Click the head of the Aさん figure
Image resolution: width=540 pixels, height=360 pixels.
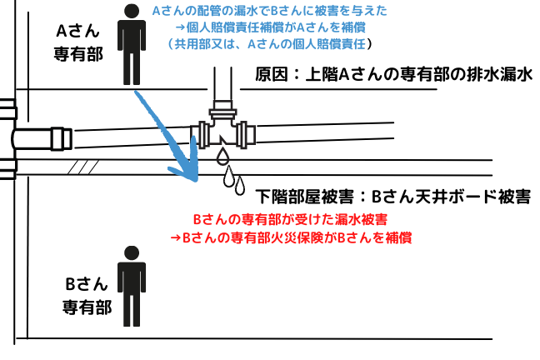(132, 11)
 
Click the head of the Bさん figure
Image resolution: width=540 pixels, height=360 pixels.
(132, 252)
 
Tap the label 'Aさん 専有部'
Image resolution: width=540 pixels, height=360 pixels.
(78, 42)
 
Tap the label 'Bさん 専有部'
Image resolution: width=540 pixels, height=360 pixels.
(87, 296)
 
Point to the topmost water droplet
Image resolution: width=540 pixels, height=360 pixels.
(222, 156)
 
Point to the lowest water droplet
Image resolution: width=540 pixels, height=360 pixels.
(240, 186)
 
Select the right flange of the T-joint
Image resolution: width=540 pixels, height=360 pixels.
(247, 135)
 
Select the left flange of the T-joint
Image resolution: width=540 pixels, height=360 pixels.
(200, 135)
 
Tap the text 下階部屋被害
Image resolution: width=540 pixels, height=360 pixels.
(304, 197)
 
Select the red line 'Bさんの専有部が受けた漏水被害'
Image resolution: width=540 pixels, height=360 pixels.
(290, 219)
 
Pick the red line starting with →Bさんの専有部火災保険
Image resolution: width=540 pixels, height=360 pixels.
(291, 237)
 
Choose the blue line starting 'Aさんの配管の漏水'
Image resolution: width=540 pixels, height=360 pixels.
(270, 11)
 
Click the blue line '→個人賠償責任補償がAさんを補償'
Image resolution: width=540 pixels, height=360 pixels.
(270, 27)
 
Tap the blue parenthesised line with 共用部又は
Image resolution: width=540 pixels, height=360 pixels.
(270, 44)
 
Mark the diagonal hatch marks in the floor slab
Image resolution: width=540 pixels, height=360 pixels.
(83, 167)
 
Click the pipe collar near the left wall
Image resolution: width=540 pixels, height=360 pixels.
(62, 139)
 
